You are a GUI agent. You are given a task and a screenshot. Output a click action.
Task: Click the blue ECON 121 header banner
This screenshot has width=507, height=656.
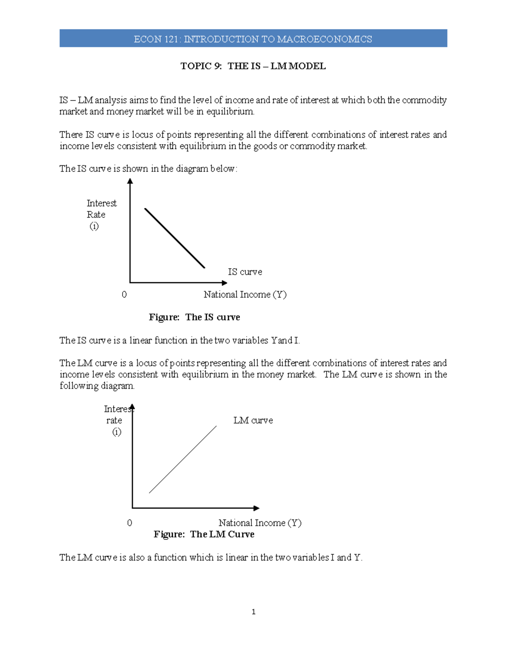(x=253, y=38)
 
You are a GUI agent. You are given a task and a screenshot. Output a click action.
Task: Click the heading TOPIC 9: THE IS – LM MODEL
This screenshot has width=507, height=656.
(x=253, y=66)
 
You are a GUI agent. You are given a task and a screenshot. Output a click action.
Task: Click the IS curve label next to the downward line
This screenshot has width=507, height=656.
(x=245, y=272)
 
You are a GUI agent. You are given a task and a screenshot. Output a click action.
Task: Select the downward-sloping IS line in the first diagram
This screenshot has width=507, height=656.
(x=174, y=238)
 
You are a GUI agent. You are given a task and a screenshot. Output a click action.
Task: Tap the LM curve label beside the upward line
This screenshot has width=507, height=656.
(x=253, y=420)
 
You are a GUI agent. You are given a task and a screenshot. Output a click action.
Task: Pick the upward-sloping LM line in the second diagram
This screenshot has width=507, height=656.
(x=183, y=460)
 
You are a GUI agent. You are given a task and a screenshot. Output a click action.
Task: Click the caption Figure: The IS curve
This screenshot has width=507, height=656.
(x=194, y=317)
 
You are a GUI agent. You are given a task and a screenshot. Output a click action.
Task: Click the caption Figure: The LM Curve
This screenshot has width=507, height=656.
(x=204, y=534)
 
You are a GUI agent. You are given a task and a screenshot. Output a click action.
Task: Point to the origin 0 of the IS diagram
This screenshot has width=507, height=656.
(x=124, y=294)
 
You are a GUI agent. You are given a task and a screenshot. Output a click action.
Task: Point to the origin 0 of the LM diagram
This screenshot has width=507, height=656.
(x=130, y=523)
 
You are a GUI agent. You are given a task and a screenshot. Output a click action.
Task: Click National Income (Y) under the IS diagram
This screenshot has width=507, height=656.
(x=245, y=294)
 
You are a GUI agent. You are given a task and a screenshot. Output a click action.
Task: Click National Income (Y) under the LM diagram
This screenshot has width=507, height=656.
(x=260, y=523)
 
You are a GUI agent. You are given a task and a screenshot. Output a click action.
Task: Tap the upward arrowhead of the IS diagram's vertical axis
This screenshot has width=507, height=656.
(x=130, y=181)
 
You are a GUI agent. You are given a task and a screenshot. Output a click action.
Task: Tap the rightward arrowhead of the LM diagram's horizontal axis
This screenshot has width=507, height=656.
(x=256, y=508)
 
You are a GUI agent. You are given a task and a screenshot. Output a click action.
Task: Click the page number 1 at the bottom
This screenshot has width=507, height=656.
(x=253, y=612)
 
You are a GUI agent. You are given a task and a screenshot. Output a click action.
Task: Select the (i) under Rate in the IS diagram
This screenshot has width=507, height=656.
(x=94, y=226)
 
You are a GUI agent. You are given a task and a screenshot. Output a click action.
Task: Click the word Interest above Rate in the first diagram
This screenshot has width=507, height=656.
(x=101, y=203)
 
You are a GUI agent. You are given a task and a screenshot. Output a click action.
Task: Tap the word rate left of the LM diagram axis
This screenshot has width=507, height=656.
(x=114, y=420)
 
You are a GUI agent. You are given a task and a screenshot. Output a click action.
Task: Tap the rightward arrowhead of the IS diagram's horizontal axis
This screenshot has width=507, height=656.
(x=224, y=283)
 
